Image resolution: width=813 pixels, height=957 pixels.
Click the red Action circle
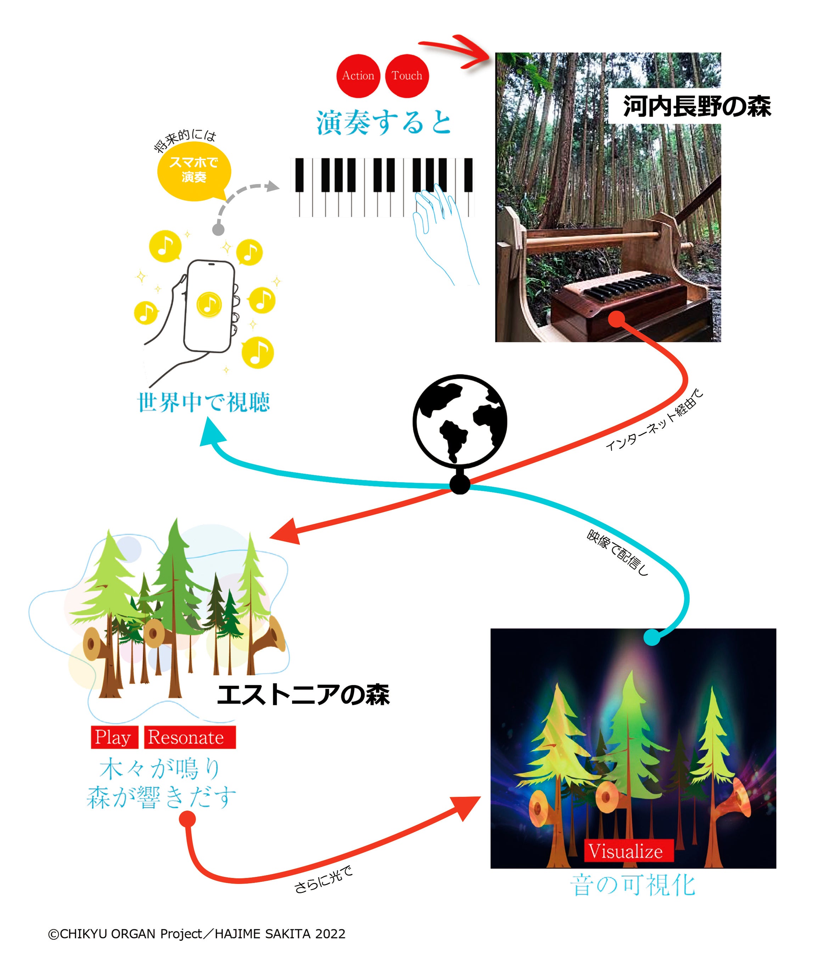pos(358,75)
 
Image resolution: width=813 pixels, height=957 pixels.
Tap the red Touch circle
pos(407,75)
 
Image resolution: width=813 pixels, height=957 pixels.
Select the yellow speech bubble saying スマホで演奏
pos(194,170)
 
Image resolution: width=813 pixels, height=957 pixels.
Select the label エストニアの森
pos(303,695)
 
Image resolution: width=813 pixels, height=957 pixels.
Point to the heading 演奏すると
pos(383,123)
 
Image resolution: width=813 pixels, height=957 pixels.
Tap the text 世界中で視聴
pos(204,402)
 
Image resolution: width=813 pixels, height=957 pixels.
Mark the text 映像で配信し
pos(618,552)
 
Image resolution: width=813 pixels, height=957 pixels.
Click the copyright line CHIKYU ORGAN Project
pos(197,934)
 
